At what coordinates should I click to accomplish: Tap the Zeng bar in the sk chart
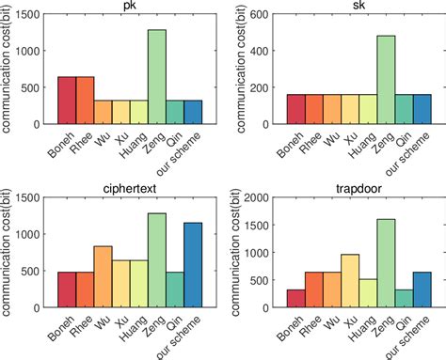(x=386, y=80)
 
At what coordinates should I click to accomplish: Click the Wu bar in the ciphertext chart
(x=104, y=276)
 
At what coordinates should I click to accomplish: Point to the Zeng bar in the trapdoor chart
(x=386, y=262)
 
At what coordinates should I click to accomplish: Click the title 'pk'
(x=130, y=7)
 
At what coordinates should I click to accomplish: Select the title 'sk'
(x=358, y=7)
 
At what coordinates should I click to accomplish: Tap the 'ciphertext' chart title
(x=130, y=190)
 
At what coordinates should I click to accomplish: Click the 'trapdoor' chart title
(x=358, y=190)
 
